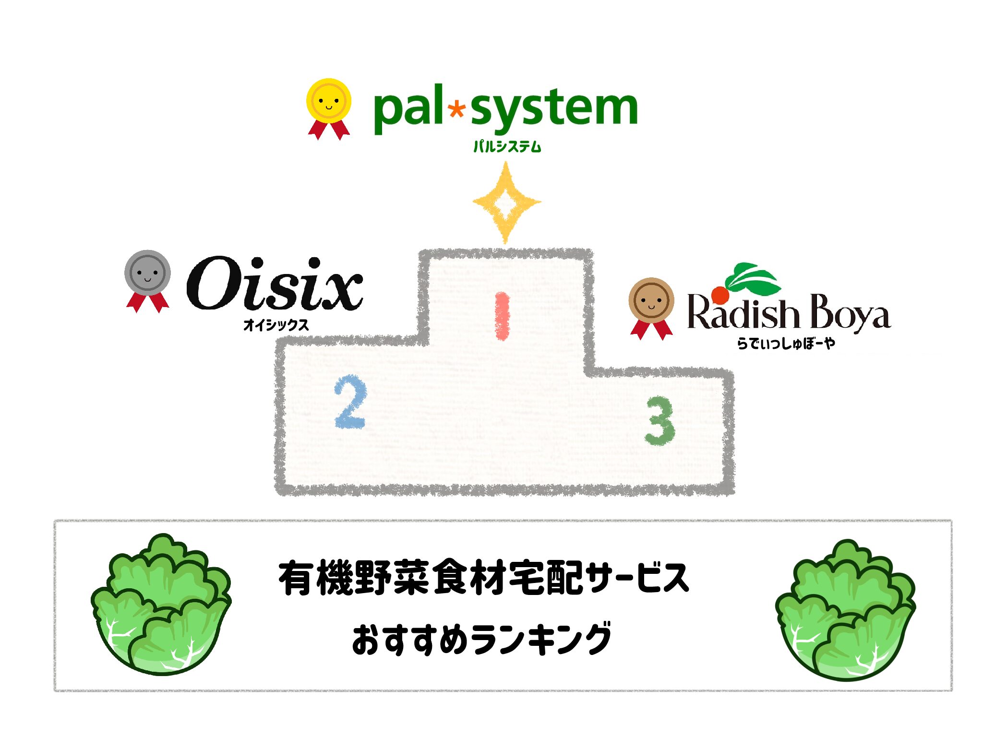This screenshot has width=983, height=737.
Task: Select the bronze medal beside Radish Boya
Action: (x=651, y=301)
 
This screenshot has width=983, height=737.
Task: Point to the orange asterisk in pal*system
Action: (x=456, y=109)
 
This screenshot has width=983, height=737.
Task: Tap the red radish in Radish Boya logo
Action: (x=720, y=295)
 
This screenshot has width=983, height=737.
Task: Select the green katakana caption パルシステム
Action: (x=507, y=146)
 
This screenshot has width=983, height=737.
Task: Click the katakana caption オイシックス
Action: (x=276, y=325)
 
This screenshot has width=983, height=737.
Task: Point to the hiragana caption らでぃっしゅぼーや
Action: (x=786, y=343)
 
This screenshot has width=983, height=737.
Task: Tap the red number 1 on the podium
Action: (x=502, y=316)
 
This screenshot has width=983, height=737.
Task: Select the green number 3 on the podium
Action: (x=660, y=421)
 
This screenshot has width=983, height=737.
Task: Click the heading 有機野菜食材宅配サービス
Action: (x=483, y=578)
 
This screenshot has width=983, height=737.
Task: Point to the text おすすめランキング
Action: (x=481, y=639)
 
